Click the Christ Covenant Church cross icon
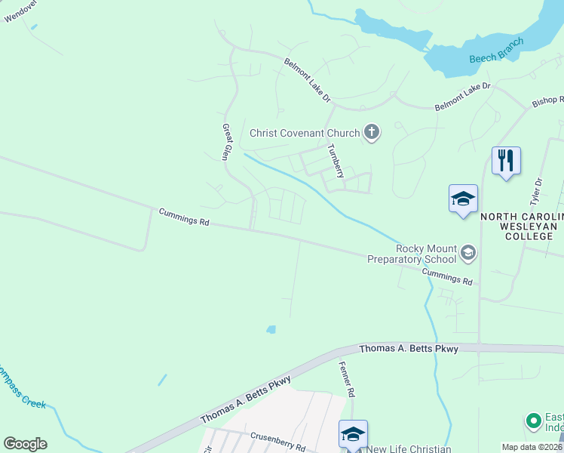pos(371,133)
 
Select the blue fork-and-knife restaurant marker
pos(506,161)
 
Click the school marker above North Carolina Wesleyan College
pos(463,199)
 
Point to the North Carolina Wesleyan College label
pos(523,226)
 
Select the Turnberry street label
pos(336,161)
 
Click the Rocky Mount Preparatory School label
pos(412,254)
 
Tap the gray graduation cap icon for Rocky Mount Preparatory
pos(467,252)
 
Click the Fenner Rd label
pos(349,380)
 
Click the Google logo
pos(25,444)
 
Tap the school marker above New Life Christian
pos(353,434)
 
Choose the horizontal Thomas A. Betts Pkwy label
pos(408,349)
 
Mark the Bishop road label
pos(547,100)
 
